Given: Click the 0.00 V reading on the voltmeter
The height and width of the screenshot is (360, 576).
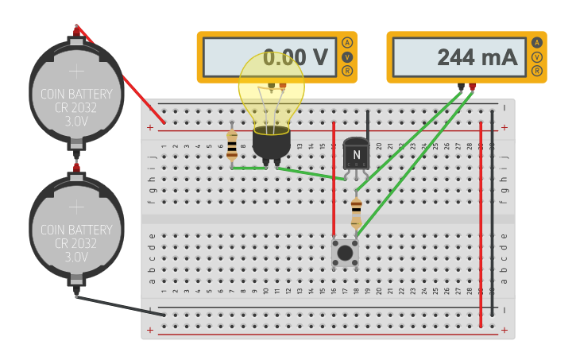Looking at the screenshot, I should pos(296,57).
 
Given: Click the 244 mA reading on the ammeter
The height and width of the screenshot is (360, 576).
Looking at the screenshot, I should pos(477,57).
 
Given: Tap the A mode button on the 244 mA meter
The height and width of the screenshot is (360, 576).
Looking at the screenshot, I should pos(537,43).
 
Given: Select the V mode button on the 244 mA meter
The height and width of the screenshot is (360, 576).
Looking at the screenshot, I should pos(537,57).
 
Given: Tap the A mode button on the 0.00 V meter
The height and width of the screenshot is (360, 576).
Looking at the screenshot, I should pos(347,43).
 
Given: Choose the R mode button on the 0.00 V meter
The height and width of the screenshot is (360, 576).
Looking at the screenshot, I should pos(347,72).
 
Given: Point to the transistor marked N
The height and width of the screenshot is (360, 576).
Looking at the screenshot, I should pos(356,153).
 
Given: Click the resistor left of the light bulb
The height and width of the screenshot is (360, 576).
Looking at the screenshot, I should pos(232,146).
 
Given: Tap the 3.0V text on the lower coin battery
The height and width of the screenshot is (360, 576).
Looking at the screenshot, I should pos(76,257).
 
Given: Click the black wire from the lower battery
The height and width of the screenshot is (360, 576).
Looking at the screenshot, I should pos(119,305).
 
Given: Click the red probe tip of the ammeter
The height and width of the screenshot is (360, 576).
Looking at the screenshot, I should pos(473,86).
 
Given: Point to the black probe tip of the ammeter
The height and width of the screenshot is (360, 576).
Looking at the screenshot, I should pos(461,86).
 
